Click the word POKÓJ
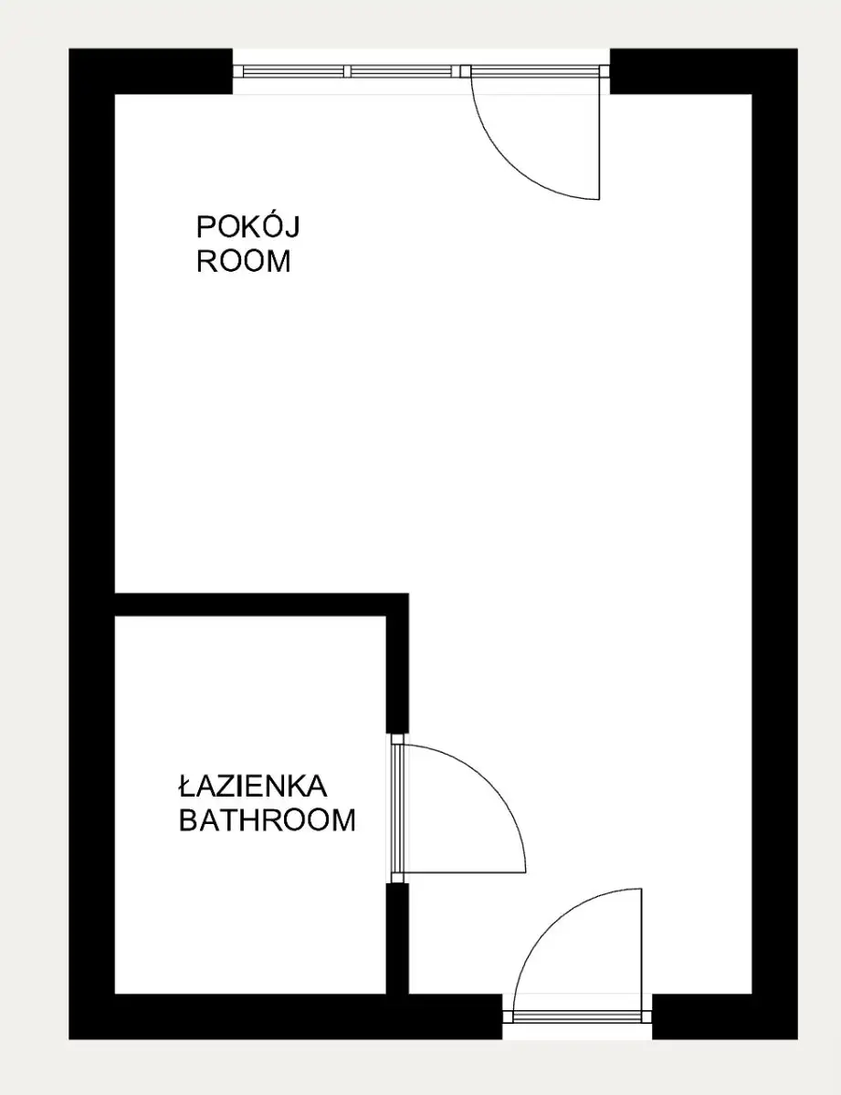[248, 226]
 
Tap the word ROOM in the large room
[244, 261]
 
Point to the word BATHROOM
[268, 819]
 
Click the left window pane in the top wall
[293, 71]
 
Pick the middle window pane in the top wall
[402, 71]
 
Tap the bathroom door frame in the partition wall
[397, 808]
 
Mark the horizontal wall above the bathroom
[262, 604]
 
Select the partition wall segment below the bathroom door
[397, 939]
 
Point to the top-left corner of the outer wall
[69, 49]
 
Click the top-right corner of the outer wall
[798, 49]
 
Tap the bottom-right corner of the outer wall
[798, 1039]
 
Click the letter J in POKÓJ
[293, 227]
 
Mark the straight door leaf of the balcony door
[599, 133]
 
